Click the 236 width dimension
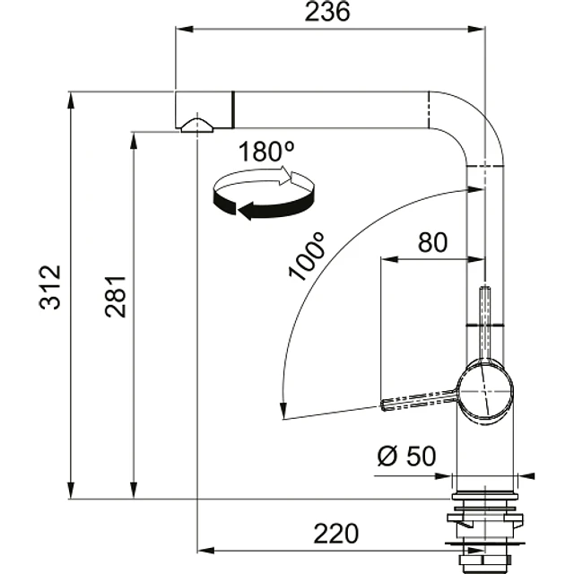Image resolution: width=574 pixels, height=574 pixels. tap(327, 12)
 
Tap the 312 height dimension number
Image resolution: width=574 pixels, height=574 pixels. tap(50, 287)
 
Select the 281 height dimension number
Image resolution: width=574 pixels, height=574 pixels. tap(116, 297)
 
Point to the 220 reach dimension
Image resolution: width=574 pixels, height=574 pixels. tap(336, 534)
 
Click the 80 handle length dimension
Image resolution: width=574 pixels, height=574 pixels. tap(432, 242)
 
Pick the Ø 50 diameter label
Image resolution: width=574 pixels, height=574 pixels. tap(406, 457)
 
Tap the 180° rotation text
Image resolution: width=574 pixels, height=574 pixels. tap(266, 152)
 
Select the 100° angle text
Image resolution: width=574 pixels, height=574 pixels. tap(307, 257)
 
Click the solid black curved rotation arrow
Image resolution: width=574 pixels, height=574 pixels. tap(263, 205)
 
